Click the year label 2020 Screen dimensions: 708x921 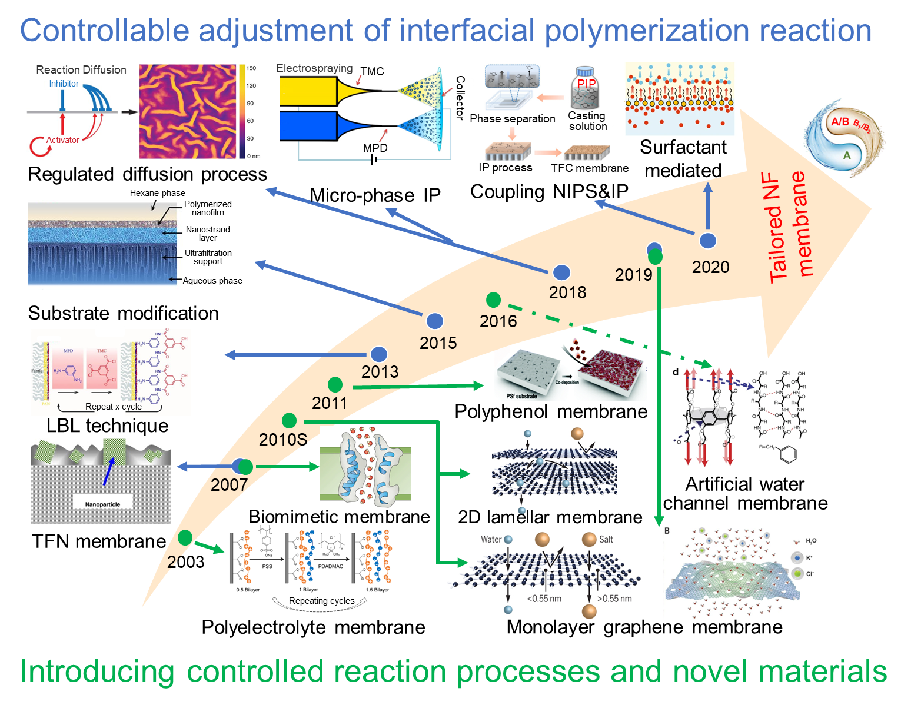710,267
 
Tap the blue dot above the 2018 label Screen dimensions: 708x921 562,272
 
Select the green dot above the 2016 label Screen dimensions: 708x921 493,300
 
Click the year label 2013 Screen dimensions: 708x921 380,372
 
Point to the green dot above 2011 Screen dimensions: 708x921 335,385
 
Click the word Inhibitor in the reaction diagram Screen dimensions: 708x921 64,84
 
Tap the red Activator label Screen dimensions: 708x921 63,140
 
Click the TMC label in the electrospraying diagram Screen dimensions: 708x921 372,71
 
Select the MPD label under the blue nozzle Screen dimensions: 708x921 375,148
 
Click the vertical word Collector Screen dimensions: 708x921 460,98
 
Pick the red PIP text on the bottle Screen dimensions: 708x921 587,83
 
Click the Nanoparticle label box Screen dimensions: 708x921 102,504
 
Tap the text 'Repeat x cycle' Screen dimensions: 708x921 114,407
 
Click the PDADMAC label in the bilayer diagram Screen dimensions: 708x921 330,566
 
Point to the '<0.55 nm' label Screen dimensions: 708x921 544,599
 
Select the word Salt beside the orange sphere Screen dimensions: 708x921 606,539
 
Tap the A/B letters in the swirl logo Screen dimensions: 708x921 840,122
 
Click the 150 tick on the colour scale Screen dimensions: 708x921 251,68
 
